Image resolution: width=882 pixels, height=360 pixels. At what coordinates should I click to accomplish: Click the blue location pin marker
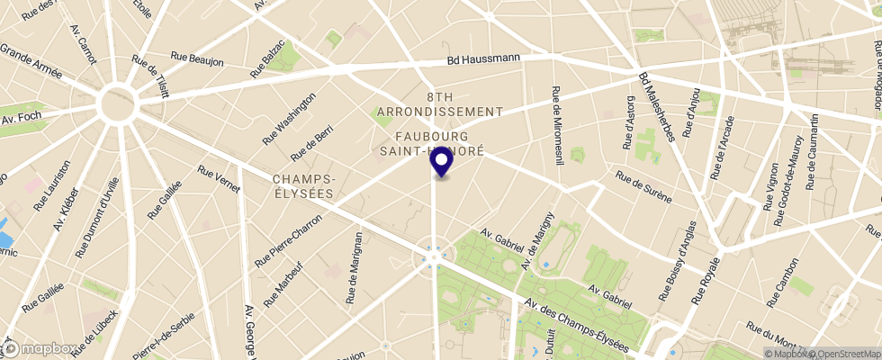[x=441, y=162]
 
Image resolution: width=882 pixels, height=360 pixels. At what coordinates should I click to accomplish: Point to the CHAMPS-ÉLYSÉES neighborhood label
[x=303, y=186]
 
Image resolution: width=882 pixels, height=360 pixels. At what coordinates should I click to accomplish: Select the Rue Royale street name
[x=705, y=278]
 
